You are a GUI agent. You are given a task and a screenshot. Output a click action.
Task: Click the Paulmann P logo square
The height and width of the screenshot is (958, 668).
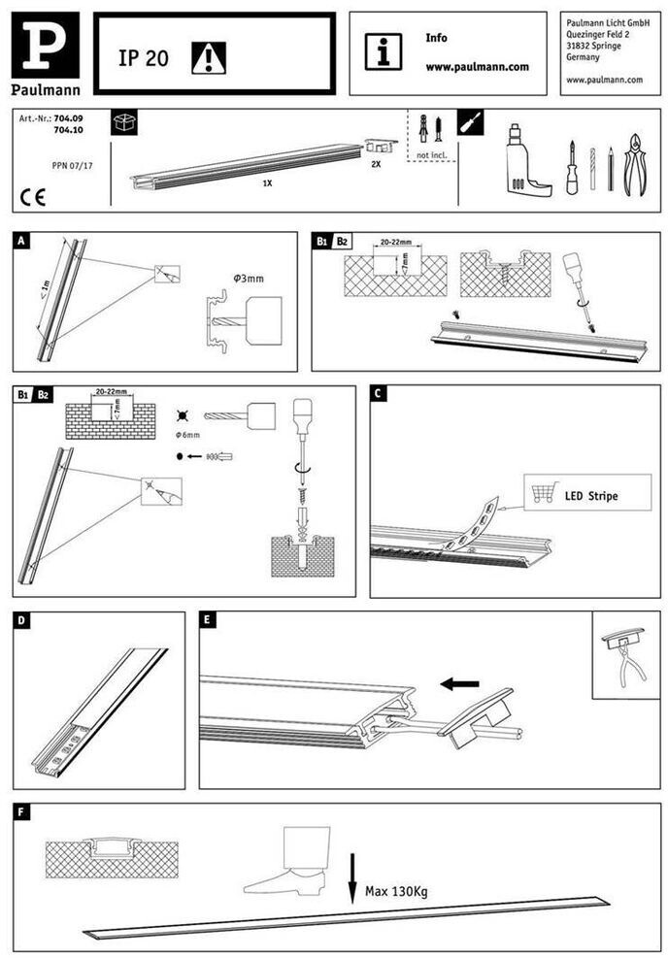point(45,46)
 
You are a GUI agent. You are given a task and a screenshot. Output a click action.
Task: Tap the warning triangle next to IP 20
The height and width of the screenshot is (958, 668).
point(208,58)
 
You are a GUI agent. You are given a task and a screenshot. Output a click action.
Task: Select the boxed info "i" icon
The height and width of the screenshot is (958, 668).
point(384,51)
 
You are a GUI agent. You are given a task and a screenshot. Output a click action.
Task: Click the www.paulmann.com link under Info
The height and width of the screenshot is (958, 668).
point(477,67)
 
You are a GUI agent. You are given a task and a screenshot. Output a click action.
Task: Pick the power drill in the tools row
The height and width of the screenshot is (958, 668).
point(524,159)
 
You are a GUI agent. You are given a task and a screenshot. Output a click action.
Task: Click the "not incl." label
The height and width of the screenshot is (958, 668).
point(430,155)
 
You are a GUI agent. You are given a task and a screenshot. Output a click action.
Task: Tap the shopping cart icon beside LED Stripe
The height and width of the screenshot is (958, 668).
point(540,494)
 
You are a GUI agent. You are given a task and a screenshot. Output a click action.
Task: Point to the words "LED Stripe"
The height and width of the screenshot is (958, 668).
point(590,496)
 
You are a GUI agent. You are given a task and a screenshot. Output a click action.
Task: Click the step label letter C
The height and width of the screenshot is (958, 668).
point(380,393)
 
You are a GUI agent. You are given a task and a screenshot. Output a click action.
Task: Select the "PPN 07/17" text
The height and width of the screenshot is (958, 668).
point(72,166)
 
